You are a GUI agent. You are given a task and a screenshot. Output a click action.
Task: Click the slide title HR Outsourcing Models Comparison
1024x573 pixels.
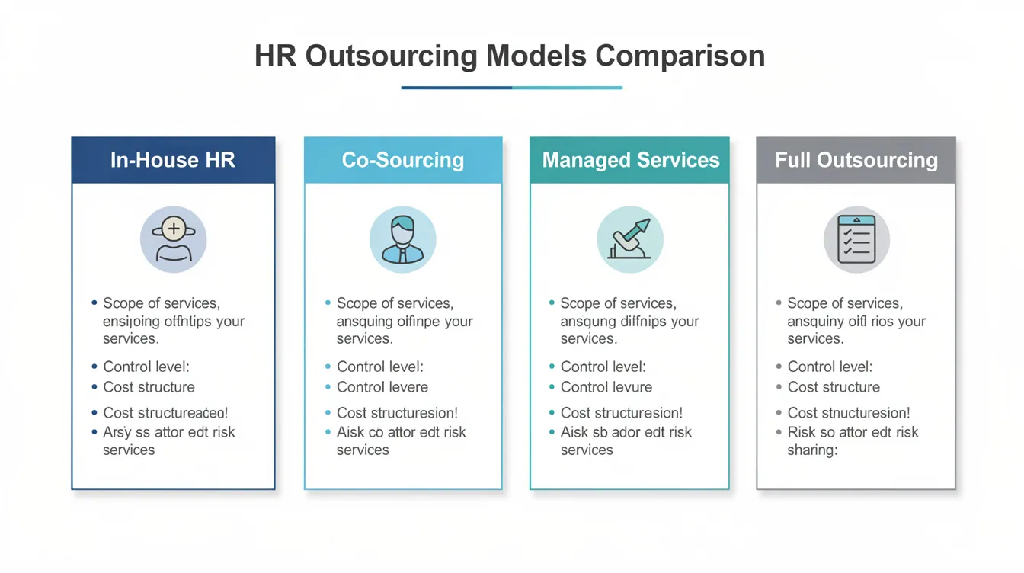510,56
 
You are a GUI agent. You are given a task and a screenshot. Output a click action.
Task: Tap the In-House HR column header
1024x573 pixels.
173,160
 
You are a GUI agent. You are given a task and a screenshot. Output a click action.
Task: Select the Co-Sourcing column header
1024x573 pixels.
402,160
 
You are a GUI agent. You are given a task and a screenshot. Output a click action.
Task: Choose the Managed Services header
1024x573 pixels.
630,160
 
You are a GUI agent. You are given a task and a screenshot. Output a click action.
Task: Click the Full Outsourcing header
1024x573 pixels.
856,160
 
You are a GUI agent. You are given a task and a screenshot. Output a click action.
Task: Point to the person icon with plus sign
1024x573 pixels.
174,239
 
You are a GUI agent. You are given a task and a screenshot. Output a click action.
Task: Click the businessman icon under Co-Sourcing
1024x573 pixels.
402,239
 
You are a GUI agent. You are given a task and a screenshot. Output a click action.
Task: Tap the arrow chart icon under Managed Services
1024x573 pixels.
630,239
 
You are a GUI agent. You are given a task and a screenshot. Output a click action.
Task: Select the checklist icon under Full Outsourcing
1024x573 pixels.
856,239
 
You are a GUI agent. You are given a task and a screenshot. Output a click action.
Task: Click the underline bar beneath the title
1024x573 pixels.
511,88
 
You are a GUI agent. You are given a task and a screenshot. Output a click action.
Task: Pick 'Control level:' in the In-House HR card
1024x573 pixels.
146,367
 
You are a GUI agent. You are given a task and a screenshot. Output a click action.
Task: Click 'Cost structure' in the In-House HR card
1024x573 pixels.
149,387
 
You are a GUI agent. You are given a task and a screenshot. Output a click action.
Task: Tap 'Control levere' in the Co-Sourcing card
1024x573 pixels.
382,387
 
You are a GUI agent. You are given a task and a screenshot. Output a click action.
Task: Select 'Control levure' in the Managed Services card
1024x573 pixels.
606,387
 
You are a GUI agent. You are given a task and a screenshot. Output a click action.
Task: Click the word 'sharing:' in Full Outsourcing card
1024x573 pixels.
812,450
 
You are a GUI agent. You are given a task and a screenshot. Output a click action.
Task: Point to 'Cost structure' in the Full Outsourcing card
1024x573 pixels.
834,387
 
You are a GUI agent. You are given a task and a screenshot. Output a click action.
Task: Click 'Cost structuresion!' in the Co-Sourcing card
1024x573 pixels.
397,413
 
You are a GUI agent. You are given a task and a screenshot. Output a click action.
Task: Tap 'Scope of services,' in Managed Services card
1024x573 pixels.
618,303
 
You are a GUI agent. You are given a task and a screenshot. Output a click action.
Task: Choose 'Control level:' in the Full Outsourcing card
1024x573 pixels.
830,367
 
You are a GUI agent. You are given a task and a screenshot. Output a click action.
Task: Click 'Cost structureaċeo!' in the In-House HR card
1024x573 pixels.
165,413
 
